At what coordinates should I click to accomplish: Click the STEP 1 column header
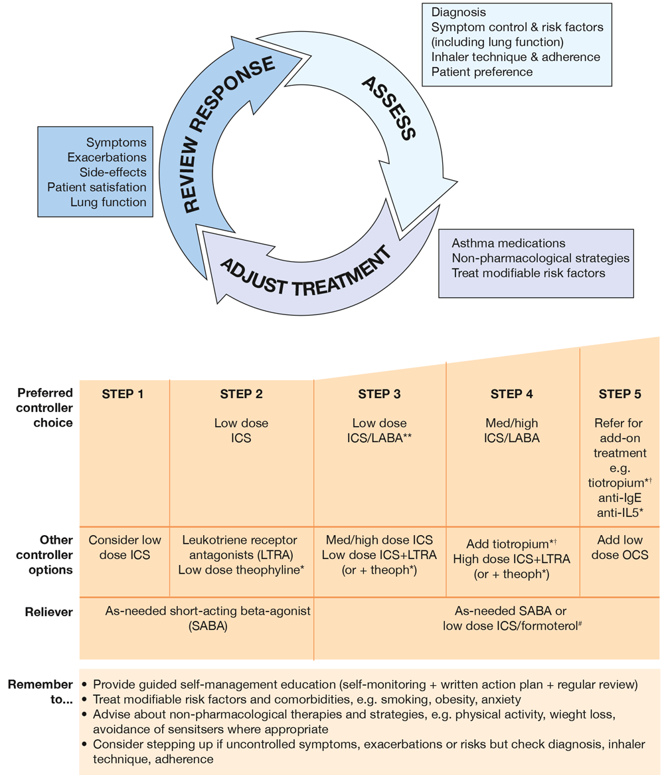pyautogui.click(x=123, y=394)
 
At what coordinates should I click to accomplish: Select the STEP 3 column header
pyautogui.click(x=379, y=394)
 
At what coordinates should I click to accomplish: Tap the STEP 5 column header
pyautogui.click(x=620, y=394)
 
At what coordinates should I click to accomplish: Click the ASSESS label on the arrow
pyautogui.click(x=388, y=108)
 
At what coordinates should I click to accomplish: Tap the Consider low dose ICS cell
pyautogui.click(x=125, y=547)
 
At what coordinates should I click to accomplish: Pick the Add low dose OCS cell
pyautogui.click(x=620, y=547)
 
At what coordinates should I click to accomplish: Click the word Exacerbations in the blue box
pyautogui.click(x=106, y=158)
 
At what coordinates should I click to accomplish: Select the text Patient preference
pyautogui.click(x=481, y=71)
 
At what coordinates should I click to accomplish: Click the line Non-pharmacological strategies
pyautogui.click(x=540, y=258)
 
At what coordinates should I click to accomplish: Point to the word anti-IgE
pyautogui.click(x=620, y=497)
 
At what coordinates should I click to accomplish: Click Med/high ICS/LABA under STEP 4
pyautogui.click(x=511, y=430)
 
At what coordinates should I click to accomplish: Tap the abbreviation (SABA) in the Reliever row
pyautogui.click(x=208, y=626)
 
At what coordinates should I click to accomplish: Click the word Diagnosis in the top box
pyautogui.click(x=458, y=13)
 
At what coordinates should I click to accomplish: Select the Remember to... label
pyautogui.click(x=41, y=691)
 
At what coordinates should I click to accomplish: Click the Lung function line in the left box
pyautogui.click(x=108, y=202)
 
